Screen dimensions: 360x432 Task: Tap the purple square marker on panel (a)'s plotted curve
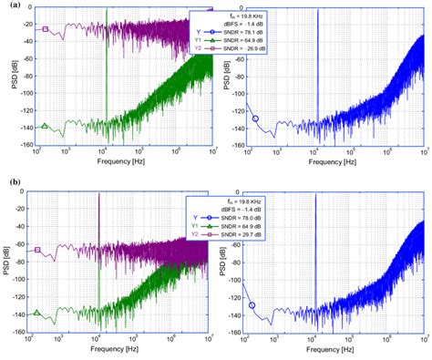pyautogui.click(x=45, y=29)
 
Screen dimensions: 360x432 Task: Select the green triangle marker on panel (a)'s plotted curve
pyautogui.click(x=45, y=127)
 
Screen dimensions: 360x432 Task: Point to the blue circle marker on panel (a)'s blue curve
pyautogui.click(x=255, y=118)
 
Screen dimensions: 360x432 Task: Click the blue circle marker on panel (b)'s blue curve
pyautogui.click(x=252, y=305)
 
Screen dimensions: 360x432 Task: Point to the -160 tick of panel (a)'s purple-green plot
pyautogui.click(x=28, y=145)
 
